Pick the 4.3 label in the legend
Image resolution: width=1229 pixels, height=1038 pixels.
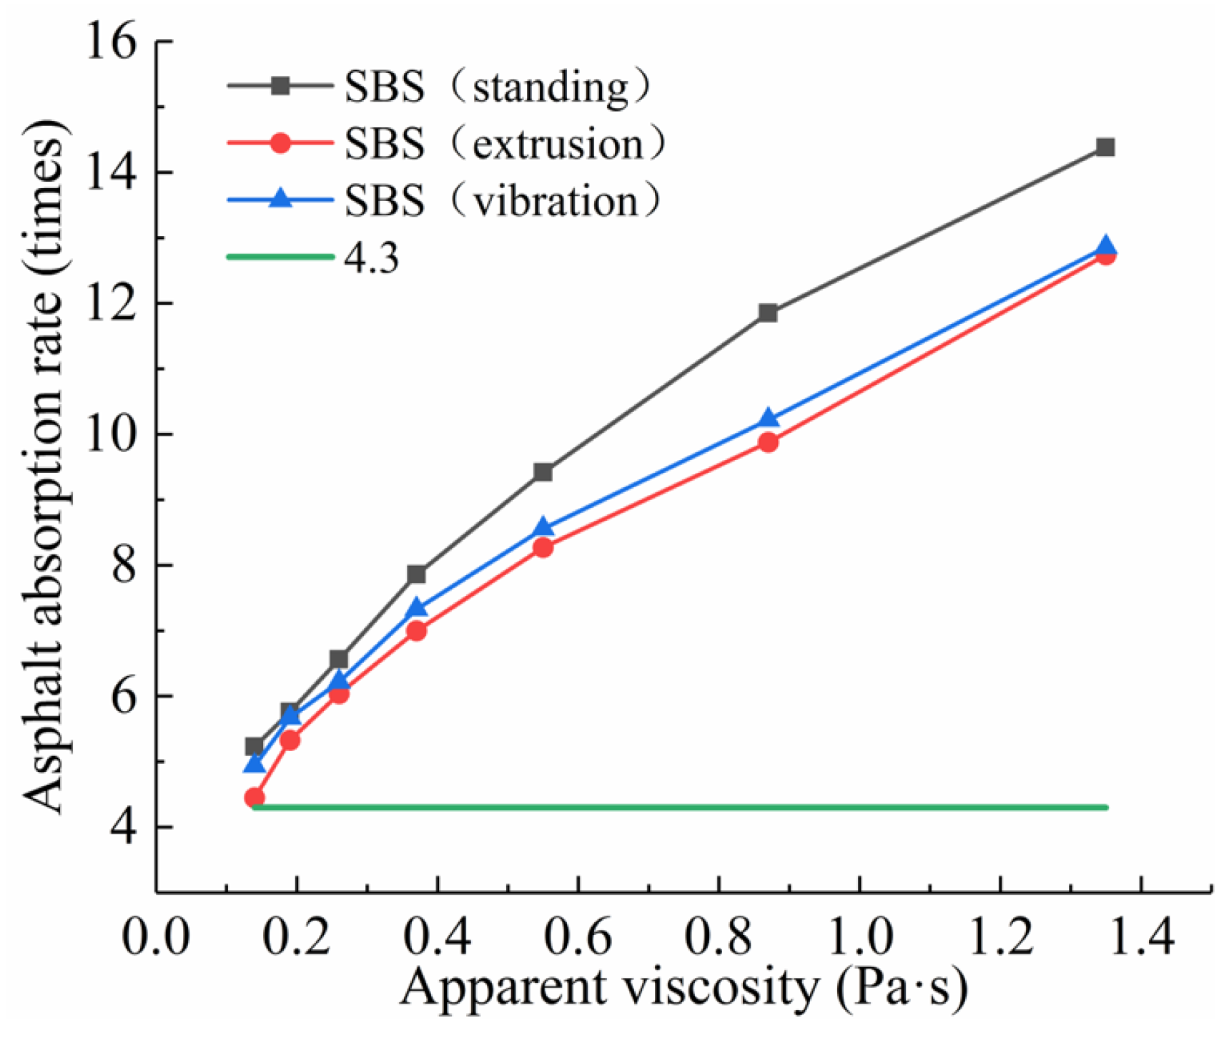[371, 258]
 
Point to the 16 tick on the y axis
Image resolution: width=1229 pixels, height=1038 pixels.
[110, 41]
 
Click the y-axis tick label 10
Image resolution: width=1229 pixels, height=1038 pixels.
[110, 434]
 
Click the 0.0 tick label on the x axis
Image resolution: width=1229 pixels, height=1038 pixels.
[156, 936]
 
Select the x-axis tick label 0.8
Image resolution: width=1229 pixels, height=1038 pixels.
[719, 936]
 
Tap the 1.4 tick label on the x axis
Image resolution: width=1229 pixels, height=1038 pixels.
[1140, 936]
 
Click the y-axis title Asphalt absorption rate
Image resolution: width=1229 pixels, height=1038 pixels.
[46, 465]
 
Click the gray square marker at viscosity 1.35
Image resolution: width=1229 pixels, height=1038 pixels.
[1105, 148]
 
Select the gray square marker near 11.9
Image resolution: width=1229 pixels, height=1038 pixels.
[768, 313]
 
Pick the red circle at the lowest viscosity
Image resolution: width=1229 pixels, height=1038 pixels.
[255, 798]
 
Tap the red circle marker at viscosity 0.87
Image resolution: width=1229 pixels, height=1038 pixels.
[768, 443]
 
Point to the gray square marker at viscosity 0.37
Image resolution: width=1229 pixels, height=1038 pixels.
[416, 574]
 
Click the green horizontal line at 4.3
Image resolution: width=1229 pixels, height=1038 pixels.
[679, 808]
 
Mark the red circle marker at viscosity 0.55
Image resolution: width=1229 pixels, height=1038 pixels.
[543, 548]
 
